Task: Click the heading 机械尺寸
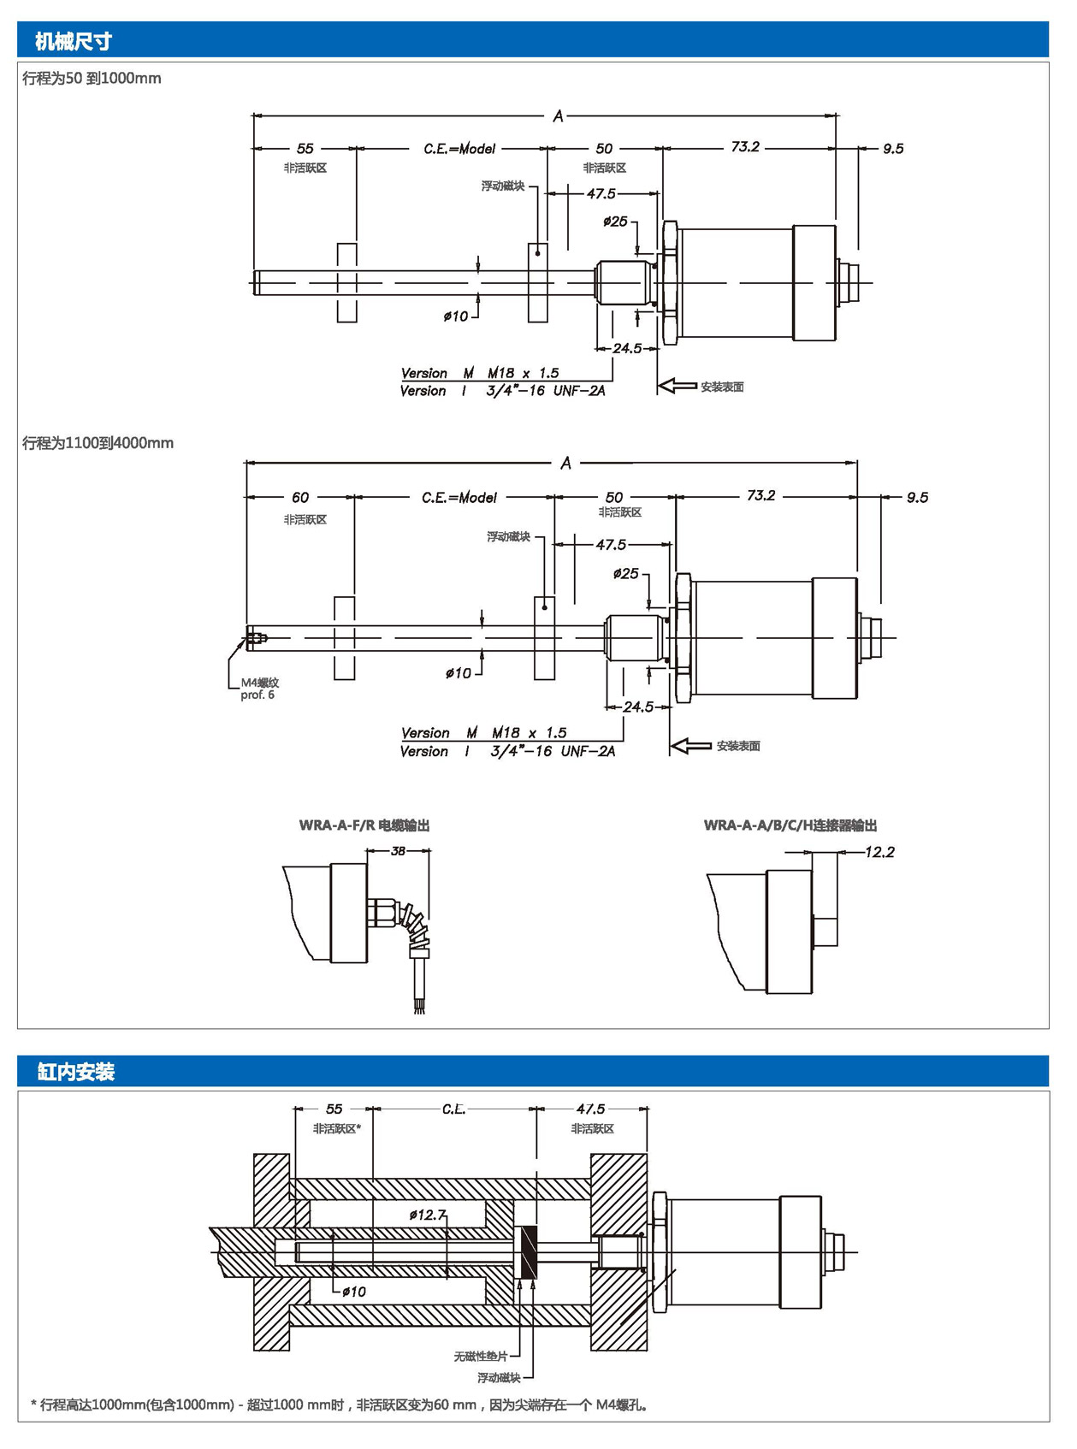[74, 41]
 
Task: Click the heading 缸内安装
[75, 1072]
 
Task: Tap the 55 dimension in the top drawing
[305, 149]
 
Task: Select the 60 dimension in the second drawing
[300, 497]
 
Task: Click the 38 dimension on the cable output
[398, 851]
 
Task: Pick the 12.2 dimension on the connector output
[879, 852]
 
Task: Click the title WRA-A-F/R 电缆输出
[364, 825]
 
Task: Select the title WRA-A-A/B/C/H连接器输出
[790, 825]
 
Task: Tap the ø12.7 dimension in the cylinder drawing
[428, 1215]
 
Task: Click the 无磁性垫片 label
[481, 1357]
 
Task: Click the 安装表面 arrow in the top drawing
[678, 387]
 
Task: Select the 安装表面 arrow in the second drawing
[691, 746]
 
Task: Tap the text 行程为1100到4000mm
[98, 443]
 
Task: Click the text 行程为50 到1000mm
[92, 79]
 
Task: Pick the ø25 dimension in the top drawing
[615, 222]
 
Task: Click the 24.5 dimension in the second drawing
[638, 707]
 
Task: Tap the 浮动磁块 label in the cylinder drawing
[499, 1378]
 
